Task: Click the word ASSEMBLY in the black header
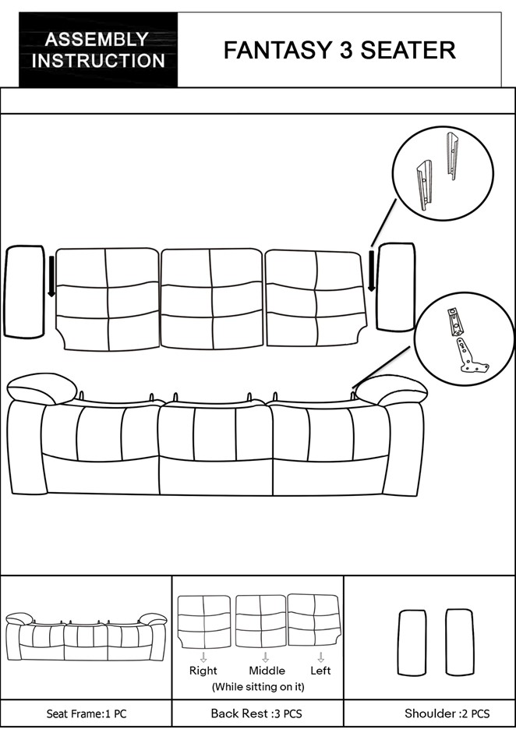97,39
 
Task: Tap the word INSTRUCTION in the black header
98,61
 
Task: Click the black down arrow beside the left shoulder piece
51,276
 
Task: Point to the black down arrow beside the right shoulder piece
372,271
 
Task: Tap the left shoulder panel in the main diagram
24,291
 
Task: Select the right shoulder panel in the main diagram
396,286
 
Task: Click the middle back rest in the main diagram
212,299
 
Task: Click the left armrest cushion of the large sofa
42,388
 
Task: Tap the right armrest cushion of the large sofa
391,390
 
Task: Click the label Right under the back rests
203,671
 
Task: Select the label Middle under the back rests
267,671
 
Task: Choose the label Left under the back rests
320,671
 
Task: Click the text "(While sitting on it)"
258,687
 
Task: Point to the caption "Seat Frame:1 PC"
87,714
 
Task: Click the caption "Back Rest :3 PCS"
256,714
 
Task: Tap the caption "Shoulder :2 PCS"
447,714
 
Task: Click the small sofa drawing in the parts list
87,636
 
